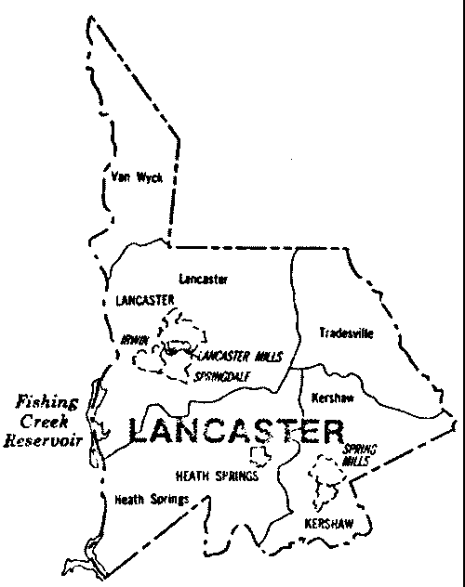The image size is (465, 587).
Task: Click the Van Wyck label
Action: tap(136, 178)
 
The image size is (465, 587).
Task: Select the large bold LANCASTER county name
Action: tap(234, 431)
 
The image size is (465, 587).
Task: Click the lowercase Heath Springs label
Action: tap(152, 500)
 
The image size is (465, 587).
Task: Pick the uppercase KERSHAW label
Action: tap(331, 525)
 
